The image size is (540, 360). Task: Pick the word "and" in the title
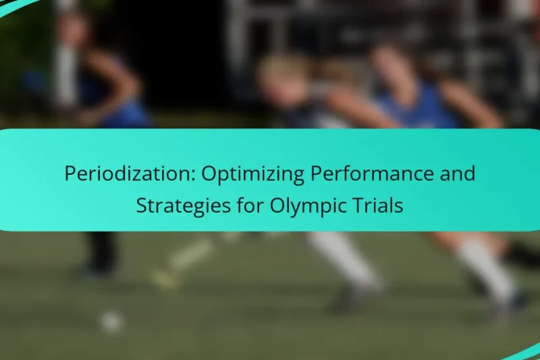459,174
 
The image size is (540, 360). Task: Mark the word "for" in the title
243,205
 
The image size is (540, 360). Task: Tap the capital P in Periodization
70,174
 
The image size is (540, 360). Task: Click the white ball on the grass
111,321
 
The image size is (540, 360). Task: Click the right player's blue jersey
418,108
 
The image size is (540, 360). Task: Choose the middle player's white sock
341,257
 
